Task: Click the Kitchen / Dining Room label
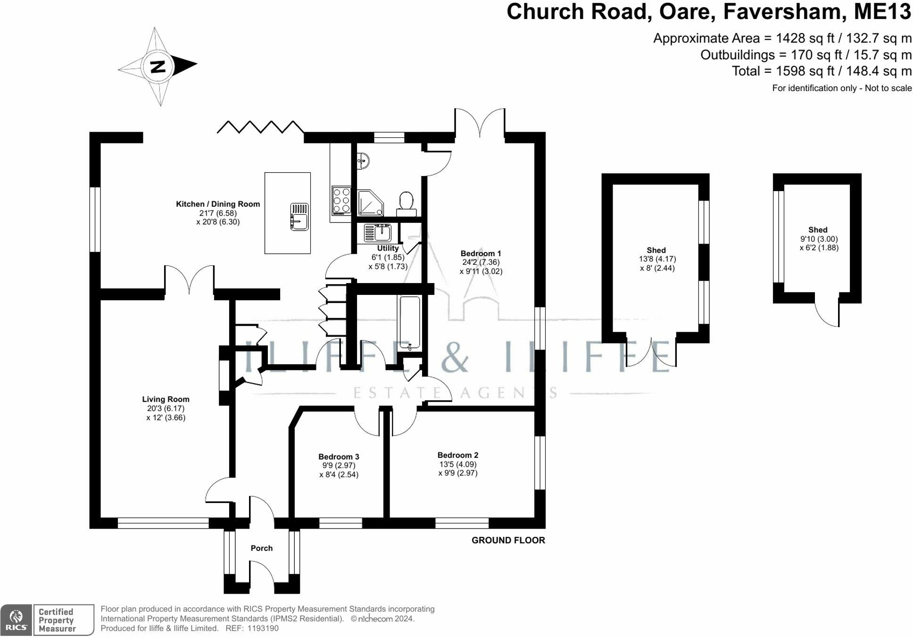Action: [217, 204]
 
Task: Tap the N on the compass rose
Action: [158, 67]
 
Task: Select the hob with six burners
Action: [341, 201]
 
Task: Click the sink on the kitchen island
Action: [299, 217]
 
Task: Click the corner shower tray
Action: [369, 202]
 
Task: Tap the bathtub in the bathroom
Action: [409, 323]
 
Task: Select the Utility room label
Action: [388, 248]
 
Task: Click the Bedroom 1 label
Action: [481, 253]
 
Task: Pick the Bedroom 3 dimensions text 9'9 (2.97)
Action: [339, 465]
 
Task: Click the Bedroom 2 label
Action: [457, 455]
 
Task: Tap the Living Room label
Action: [166, 399]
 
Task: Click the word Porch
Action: [261, 548]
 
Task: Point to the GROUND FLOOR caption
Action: [508, 540]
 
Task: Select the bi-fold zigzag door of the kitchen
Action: [260, 127]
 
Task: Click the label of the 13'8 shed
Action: [656, 250]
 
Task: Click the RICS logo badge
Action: [16, 620]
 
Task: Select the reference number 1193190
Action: [262, 629]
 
